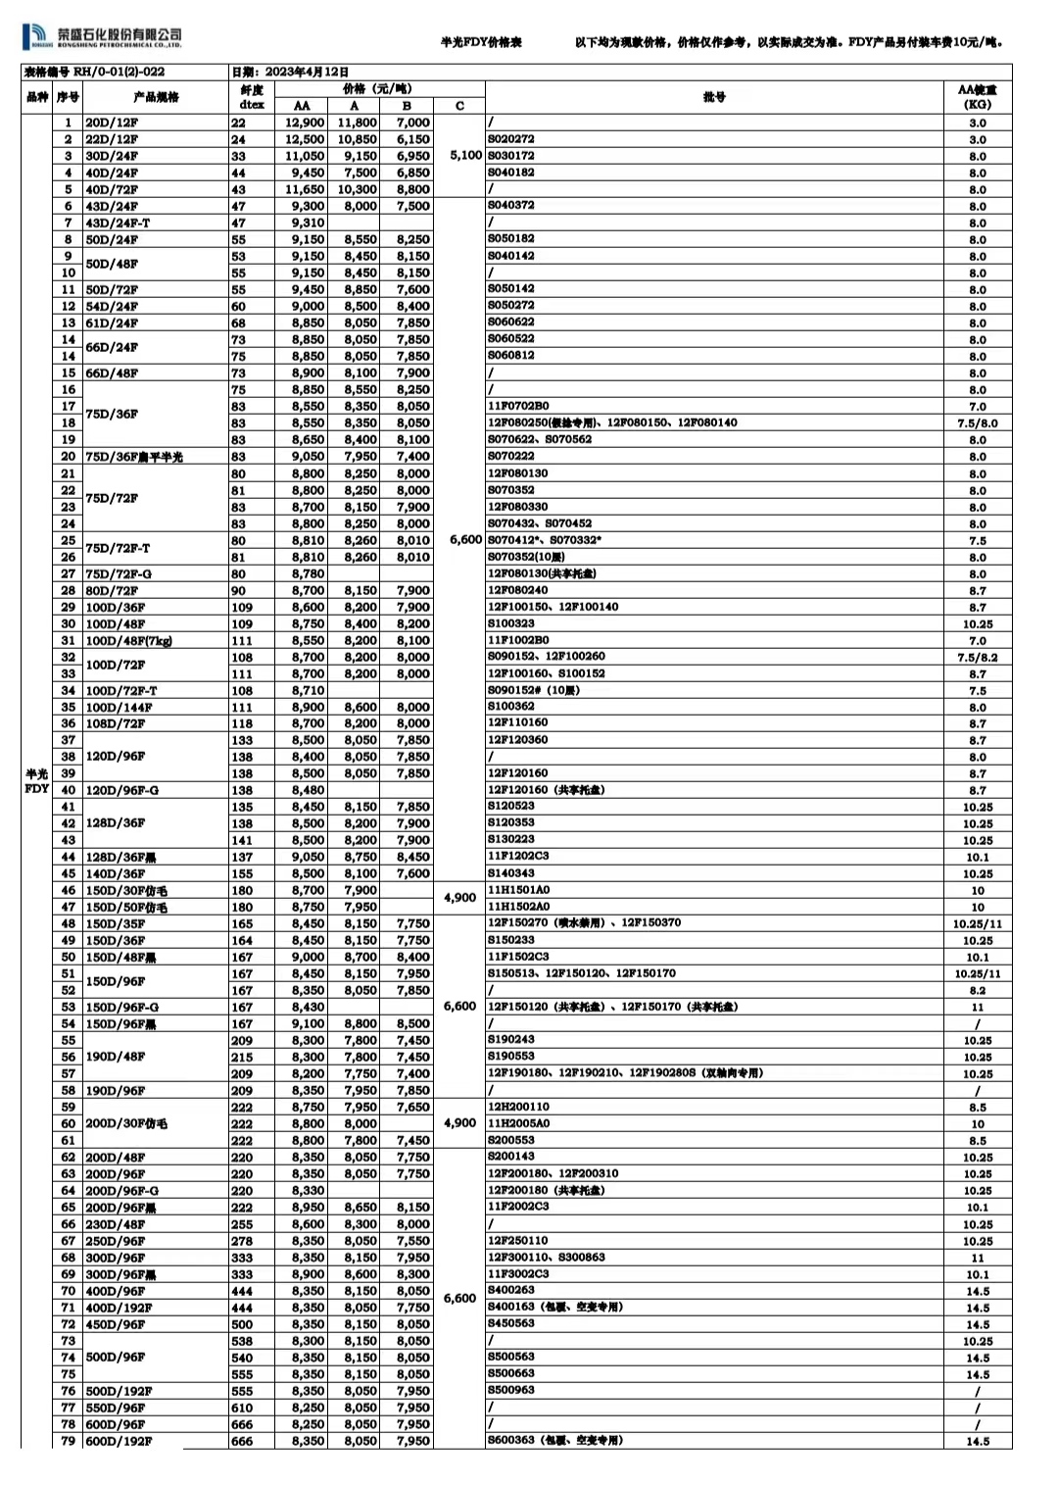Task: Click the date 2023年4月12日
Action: point(290,72)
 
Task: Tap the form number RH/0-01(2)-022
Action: point(94,72)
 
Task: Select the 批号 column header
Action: point(714,97)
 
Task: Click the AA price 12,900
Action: point(305,123)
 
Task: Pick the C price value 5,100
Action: point(465,155)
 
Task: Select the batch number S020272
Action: point(511,139)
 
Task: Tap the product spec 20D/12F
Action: point(112,123)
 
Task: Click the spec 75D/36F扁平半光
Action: point(134,457)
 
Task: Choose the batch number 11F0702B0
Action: point(518,406)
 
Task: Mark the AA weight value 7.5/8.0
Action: point(977,423)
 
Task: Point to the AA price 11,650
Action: point(305,189)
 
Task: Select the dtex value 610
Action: point(242,1408)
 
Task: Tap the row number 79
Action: point(68,1441)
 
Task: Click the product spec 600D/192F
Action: point(120,1441)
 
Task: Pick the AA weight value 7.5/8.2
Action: point(977,658)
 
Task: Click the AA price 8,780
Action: point(308,573)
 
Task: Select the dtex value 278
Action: point(242,1241)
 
